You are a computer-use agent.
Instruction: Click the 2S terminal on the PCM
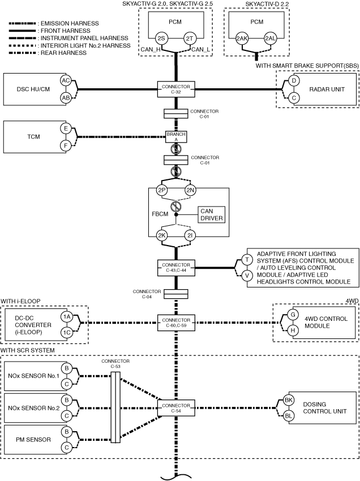coord(161,38)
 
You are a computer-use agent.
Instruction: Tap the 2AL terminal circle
coord(271,38)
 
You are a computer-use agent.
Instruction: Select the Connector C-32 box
coord(176,89)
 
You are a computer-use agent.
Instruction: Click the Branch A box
coord(176,137)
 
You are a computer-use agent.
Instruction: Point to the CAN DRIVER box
coord(212,214)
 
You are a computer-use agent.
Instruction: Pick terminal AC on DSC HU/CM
coord(66,81)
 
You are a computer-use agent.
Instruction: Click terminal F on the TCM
coord(66,145)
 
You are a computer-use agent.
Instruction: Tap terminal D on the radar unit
coord(294,81)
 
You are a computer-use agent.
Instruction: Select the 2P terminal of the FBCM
coord(161,190)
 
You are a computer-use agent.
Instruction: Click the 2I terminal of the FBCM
coord(190,235)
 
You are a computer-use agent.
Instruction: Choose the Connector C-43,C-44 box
coord(176,268)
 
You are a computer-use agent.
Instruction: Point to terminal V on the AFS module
coord(247,276)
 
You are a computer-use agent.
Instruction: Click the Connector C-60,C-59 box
coord(176,323)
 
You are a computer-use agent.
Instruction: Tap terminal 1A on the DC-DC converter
coord(67,317)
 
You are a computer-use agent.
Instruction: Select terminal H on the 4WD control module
coord(293,330)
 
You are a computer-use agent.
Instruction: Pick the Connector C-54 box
coord(176,408)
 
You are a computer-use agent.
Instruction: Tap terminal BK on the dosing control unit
coord(289,400)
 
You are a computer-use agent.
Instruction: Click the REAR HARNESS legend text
coord(63,53)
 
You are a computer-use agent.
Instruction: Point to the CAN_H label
coord(148,49)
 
